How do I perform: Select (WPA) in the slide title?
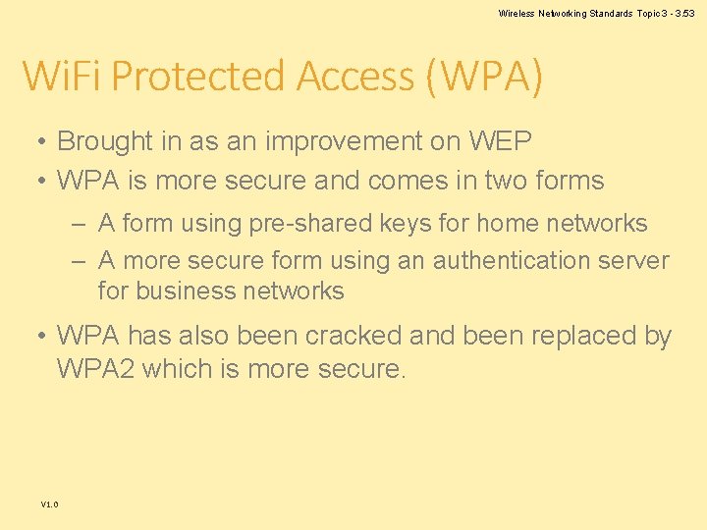484,77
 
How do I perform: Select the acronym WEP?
500,141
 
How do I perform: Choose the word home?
506,224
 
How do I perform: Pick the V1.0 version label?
49,504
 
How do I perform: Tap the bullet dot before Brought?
43,142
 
